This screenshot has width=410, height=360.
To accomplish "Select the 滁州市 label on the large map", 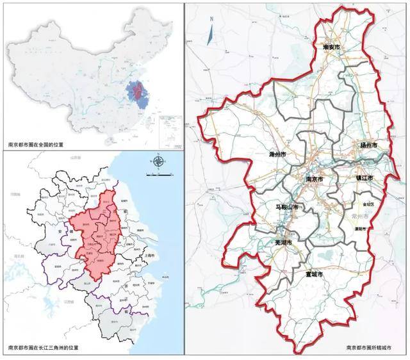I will (x=277, y=155).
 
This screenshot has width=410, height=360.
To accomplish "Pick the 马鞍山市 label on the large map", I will (x=288, y=208).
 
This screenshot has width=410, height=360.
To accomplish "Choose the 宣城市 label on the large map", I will (x=314, y=274).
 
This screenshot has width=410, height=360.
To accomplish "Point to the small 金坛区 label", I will (x=370, y=204).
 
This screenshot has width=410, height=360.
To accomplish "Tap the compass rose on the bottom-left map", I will (x=158, y=162).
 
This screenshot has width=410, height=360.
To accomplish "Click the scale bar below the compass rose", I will (x=158, y=174).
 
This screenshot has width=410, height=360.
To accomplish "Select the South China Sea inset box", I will (x=170, y=126).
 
